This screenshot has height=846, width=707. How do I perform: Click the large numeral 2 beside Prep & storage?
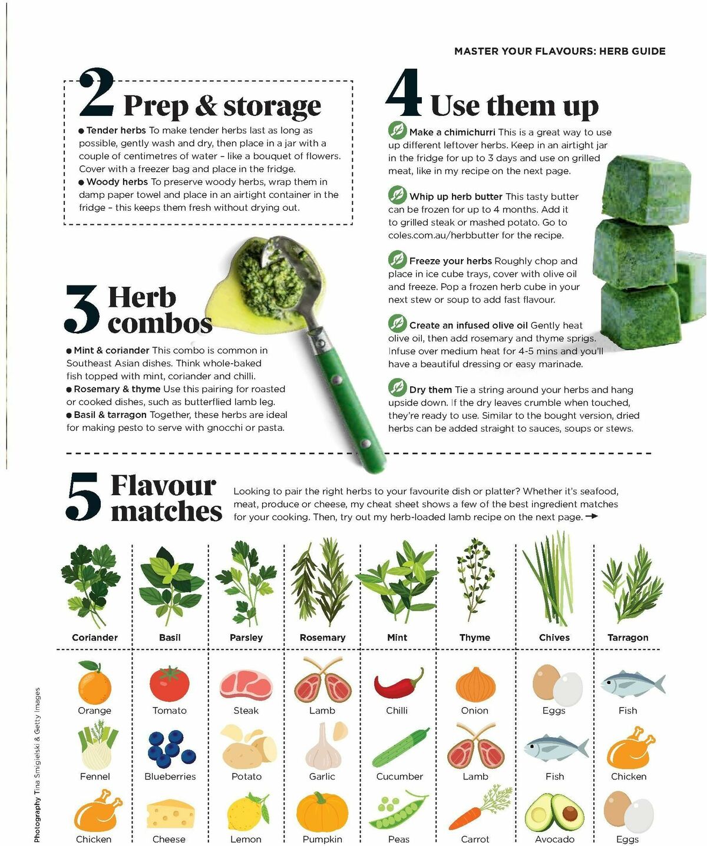tap(97, 94)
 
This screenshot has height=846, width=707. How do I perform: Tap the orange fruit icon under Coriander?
tap(94, 685)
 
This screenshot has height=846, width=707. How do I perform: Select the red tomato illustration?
tap(169, 684)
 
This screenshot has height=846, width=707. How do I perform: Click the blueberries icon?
tap(171, 749)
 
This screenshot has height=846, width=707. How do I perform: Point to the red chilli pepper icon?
tap(398, 685)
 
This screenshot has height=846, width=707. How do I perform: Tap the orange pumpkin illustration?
tap(322, 812)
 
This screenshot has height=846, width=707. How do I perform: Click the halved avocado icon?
tap(554, 814)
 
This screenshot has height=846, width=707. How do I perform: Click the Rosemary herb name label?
tap(322, 638)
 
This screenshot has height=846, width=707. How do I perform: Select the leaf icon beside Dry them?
tap(397, 388)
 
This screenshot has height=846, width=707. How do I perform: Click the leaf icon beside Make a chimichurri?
tap(397, 131)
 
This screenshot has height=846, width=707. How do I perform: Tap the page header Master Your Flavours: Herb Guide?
tap(559, 51)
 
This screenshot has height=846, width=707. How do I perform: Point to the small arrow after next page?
tap(592, 516)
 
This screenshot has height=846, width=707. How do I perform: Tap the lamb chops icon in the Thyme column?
tap(475, 749)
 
